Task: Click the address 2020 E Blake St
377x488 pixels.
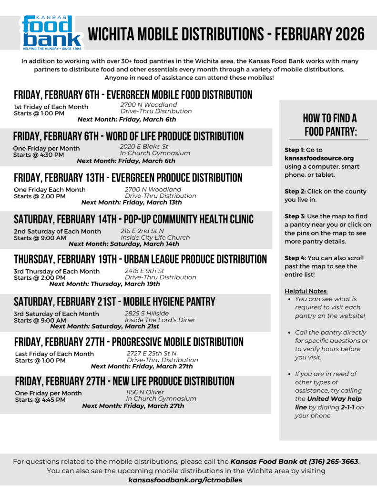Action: tap(144, 146)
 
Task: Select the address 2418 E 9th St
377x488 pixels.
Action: tap(144, 271)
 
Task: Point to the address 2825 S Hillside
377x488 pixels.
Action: tap(147, 313)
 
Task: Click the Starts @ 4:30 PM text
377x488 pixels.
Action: tap(38, 155)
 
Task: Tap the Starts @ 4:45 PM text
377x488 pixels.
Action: tap(40, 400)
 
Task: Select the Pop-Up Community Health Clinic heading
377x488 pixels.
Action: tap(133, 219)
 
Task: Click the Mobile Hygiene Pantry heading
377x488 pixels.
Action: tap(114, 302)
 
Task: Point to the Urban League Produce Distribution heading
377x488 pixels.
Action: tap(140, 259)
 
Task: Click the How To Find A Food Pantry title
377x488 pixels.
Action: tap(330, 125)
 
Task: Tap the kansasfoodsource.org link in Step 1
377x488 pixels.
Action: tap(319, 158)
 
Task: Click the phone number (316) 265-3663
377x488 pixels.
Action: tap(334, 461)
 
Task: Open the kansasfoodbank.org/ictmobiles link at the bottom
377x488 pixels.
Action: tap(185, 480)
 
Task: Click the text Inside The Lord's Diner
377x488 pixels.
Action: tap(160, 320)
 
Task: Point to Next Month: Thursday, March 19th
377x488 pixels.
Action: tap(104, 284)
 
